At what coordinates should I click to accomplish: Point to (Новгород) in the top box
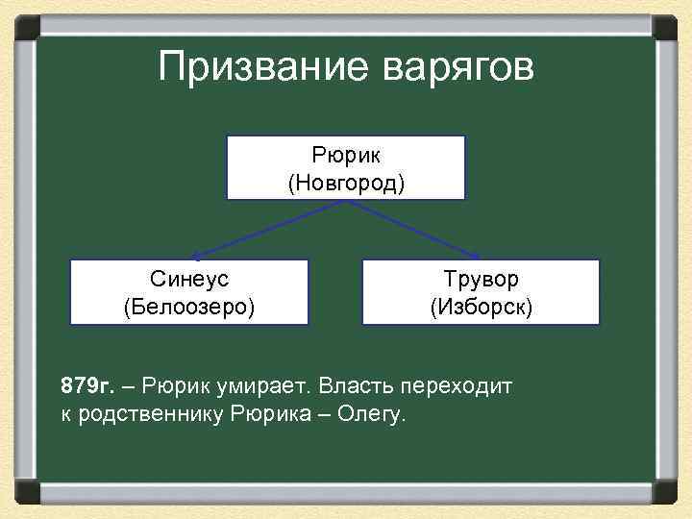pos(346,182)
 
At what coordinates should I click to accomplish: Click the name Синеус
pos(189,279)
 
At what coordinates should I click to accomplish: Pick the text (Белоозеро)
pos(189,307)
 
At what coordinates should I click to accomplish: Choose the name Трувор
pos(481,279)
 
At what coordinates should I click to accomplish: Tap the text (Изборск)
pos(481,307)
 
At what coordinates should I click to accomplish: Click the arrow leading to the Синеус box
pos(259,231)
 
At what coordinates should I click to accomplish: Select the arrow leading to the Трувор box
pos(423,231)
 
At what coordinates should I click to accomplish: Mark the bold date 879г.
pos(86,386)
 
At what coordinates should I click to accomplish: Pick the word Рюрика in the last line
pos(268,415)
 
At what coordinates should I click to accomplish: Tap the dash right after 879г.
pos(128,386)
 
